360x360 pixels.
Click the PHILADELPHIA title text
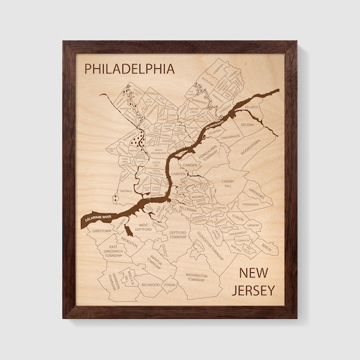tap(129, 68)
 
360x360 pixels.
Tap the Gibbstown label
tap(101, 231)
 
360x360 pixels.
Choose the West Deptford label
tap(143, 227)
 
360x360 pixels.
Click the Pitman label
tap(169, 285)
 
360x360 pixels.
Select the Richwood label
tap(150, 285)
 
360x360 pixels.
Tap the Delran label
tap(247, 124)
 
